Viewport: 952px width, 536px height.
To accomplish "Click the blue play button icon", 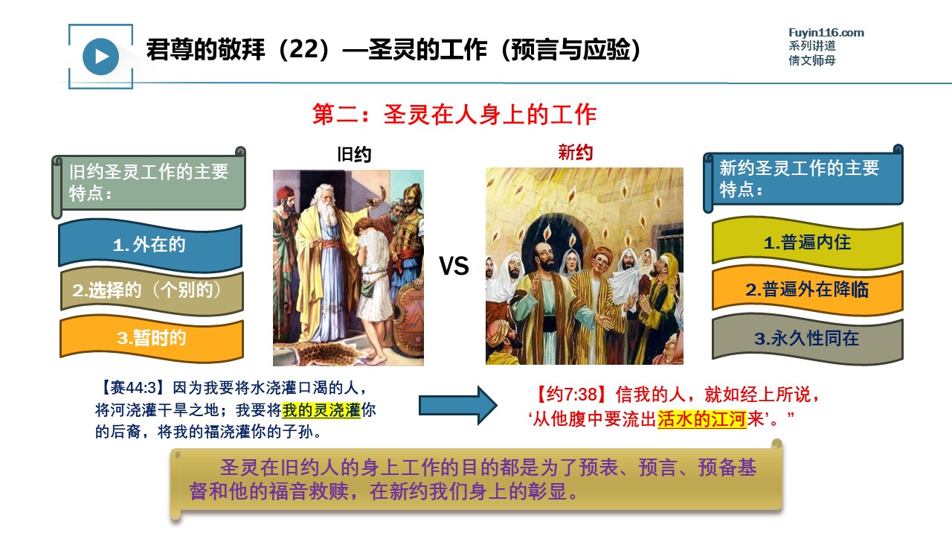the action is click(100, 57).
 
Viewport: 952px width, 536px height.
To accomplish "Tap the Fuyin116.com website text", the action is click(826, 33).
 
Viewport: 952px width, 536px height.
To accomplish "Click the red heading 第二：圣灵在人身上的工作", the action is click(454, 115).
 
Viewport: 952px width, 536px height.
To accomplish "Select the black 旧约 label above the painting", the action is click(354, 154).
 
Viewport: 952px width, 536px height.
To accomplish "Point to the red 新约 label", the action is click(576, 153).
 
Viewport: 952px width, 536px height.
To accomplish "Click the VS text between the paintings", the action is click(454, 266).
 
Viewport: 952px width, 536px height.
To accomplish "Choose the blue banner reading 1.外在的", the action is click(150, 245).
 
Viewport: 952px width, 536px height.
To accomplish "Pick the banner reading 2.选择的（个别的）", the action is click(152, 290).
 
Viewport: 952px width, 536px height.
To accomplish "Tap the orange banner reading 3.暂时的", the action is click(152, 339).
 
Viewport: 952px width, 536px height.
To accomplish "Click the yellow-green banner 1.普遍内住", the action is click(808, 243).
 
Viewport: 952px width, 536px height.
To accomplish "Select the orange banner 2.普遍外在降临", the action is click(808, 290).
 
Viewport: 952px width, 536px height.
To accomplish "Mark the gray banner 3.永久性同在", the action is click(808, 339).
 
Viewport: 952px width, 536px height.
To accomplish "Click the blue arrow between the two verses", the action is click(457, 406).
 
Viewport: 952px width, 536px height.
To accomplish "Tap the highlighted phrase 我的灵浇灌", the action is click(321, 410).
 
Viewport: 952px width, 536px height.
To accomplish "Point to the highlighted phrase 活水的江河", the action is click(701, 419).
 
